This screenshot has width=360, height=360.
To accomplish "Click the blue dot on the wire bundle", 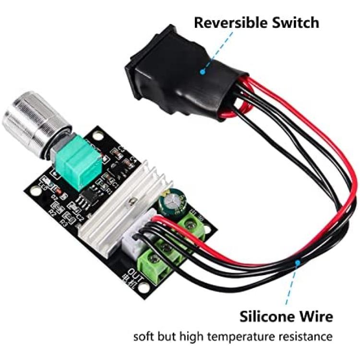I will tap(298, 262).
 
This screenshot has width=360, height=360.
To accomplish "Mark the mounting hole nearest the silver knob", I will tap(99, 136).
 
